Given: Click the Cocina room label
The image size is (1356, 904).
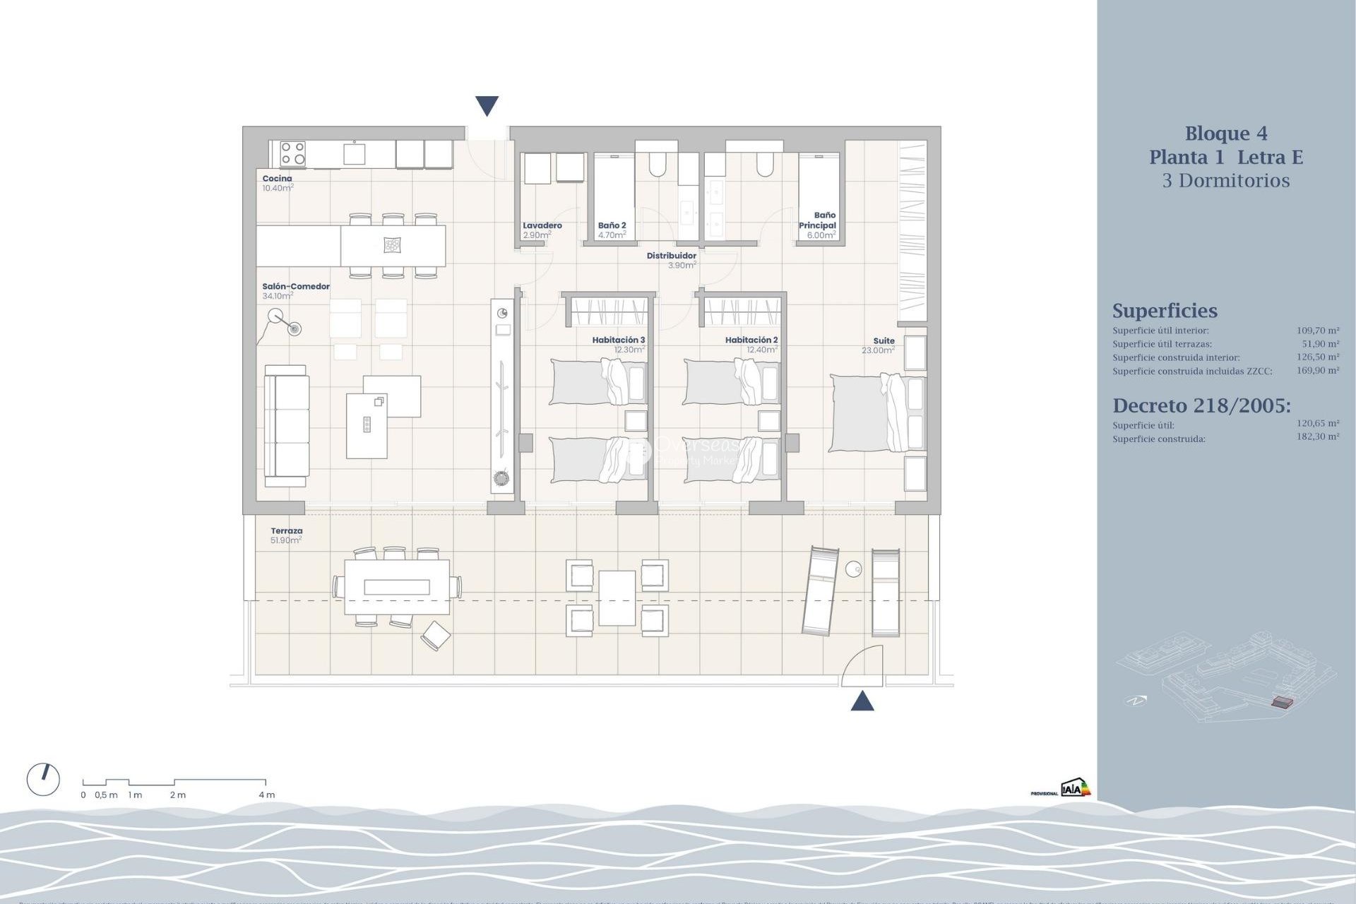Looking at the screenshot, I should point(277,179).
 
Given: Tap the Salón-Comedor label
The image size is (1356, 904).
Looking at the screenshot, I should point(296,287).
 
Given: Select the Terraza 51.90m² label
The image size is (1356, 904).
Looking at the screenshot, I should point(286,535).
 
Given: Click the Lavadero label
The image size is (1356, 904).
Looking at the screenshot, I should point(542,226).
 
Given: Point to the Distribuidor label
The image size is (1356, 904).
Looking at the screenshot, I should point(671,256).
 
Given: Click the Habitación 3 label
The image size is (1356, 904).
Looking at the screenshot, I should point(618,340).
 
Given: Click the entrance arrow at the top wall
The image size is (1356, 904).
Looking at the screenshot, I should point(487,106).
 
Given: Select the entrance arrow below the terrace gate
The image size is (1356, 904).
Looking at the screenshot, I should point(862,701).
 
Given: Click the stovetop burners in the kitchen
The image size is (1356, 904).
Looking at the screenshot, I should point(292,154).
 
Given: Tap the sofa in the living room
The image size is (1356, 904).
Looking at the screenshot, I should point(286,426).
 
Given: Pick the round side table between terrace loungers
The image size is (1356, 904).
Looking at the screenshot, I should point(853,569).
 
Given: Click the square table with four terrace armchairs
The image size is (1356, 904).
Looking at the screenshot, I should point(617,598).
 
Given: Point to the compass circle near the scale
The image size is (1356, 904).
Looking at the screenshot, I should point(43,780).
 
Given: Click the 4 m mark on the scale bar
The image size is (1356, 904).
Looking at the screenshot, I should point(266,795).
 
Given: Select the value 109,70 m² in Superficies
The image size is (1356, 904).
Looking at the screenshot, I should point(1317,331).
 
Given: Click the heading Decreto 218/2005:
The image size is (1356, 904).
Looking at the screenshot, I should point(1201,406).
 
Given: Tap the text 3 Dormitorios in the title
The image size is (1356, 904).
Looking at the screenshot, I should point(1225,181).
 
